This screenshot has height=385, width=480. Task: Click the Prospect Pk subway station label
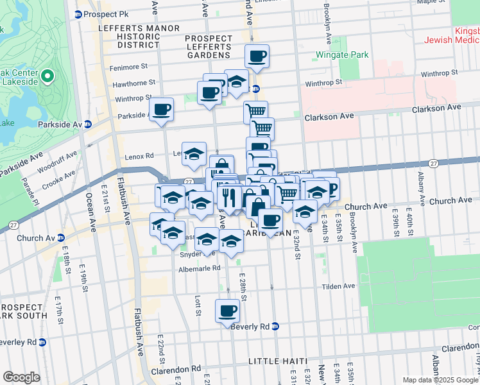[x=101, y=14]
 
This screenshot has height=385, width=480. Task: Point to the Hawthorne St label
[x=133, y=82]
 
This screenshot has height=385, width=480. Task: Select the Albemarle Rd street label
[x=199, y=268]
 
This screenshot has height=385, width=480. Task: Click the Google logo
[x=21, y=377]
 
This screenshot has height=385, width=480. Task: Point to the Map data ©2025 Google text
[x=440, y=380]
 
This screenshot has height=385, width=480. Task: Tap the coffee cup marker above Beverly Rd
[x=227, y=312]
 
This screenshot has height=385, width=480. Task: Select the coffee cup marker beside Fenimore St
[x=257, y=56]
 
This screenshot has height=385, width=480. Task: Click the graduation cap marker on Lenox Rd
[x=194, y=154]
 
